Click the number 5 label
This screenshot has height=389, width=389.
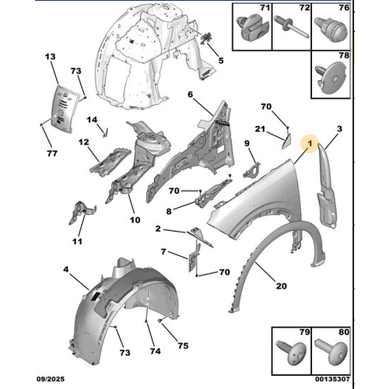(x=220, y=61)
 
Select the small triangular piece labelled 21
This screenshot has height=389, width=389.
(x=284, y=141)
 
